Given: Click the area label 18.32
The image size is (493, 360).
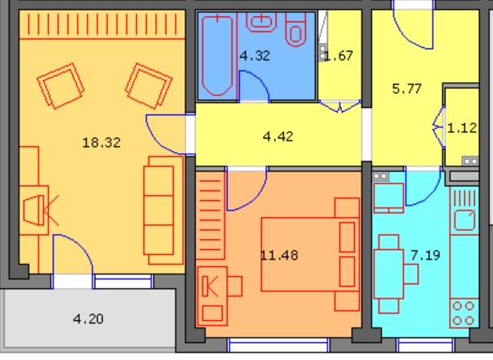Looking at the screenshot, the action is click(101, 143).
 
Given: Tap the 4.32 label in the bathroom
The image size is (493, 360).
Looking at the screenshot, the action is click(255, 56).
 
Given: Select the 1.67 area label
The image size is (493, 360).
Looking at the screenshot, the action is click(339, 56).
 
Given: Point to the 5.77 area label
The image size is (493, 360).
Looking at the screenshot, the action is click(406, 89).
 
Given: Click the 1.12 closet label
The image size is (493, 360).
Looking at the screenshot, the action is click(462, 128).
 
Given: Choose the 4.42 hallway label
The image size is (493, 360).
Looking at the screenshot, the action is click(278, 136).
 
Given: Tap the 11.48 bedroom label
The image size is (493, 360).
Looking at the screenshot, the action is click(279, 255).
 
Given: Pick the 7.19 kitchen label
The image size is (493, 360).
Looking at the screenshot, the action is click(425, 255).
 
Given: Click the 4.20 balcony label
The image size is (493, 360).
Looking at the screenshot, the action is click(88, 319).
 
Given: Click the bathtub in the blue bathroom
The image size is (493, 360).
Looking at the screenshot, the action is click(218, 56).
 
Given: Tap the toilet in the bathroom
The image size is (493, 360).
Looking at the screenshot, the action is click(295, 30).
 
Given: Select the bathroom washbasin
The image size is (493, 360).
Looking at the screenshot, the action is click(261, 22).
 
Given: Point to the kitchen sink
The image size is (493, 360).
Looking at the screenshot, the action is click(464, 220).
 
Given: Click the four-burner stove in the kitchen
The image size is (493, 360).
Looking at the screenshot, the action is click(464, 313).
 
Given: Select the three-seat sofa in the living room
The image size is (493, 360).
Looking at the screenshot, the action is click(163, 211).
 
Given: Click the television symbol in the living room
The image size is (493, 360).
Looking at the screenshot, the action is click(34, 210).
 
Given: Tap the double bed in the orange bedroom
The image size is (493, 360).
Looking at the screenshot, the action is click(310, 255).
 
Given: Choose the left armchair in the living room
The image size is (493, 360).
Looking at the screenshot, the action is click(60, 86).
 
